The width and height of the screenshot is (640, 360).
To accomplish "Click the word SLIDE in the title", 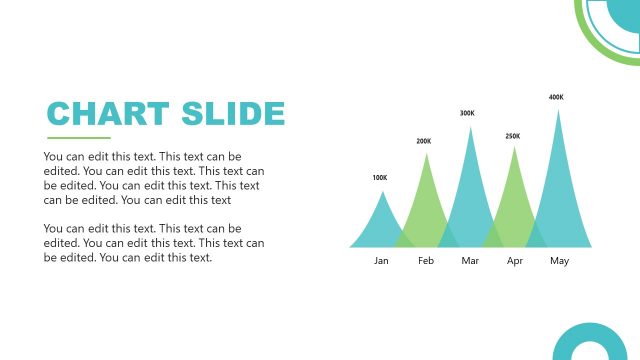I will coord(233,113).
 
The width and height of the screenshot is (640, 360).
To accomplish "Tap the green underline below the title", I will coord(79,138).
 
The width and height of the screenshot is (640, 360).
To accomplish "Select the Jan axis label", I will coord(381,261).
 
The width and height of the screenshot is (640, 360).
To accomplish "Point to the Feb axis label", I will coord(426,261).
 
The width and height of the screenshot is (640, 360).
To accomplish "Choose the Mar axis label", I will coord(470,261).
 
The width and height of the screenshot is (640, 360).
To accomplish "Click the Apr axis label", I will coord(515,261).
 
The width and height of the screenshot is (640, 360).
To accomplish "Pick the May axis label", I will coord(559,261).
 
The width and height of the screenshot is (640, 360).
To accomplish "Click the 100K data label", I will coord(380,178).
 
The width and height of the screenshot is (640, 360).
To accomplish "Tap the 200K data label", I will coord(424,141).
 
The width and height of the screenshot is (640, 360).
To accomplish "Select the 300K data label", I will coord(467,113).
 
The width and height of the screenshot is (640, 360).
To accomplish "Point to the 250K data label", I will coord(513,136).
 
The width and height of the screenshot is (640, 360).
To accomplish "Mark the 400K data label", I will coord(556,97).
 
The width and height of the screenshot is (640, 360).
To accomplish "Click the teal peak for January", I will coord(380,225).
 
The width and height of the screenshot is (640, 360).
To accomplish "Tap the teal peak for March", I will coord(470,190).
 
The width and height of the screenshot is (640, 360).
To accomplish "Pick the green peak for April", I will coord(515,200).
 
